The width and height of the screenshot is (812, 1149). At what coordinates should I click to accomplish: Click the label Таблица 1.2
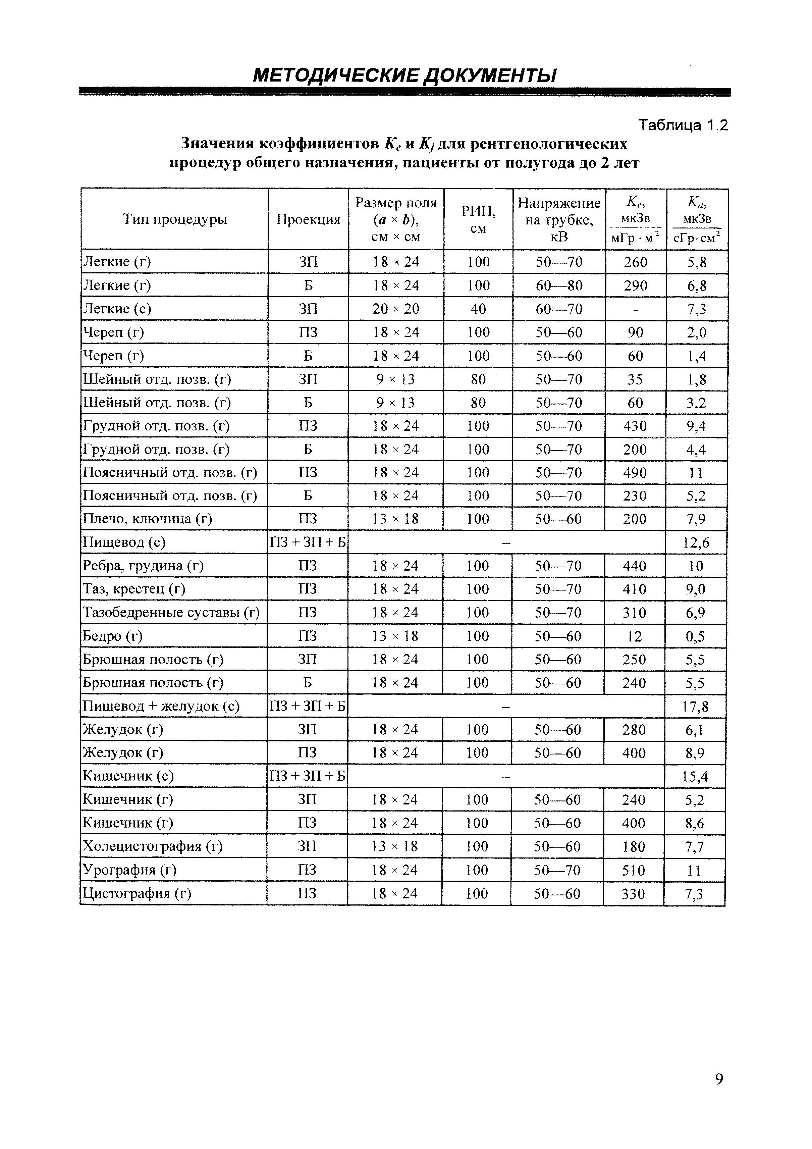pos(683,125)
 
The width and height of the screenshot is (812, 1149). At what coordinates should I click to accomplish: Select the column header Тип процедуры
pos(175,219)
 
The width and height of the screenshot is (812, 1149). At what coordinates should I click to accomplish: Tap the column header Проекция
pos(308,219)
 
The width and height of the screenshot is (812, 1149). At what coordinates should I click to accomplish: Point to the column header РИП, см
pos(478,219)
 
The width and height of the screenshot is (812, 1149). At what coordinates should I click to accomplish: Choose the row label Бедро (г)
pos(113,636)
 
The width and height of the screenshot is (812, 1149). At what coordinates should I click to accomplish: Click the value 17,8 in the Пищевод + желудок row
pos(695,707)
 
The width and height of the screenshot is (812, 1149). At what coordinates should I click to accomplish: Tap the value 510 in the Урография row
pos(633,870)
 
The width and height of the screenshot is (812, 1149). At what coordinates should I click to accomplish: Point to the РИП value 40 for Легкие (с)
pos(478,309)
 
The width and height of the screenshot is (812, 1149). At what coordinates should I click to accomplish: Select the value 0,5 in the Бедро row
pos(695,636)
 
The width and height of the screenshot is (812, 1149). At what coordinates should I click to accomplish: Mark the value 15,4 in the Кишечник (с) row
pos(695,777)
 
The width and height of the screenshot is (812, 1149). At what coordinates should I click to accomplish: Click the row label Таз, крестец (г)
pos(134,589)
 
